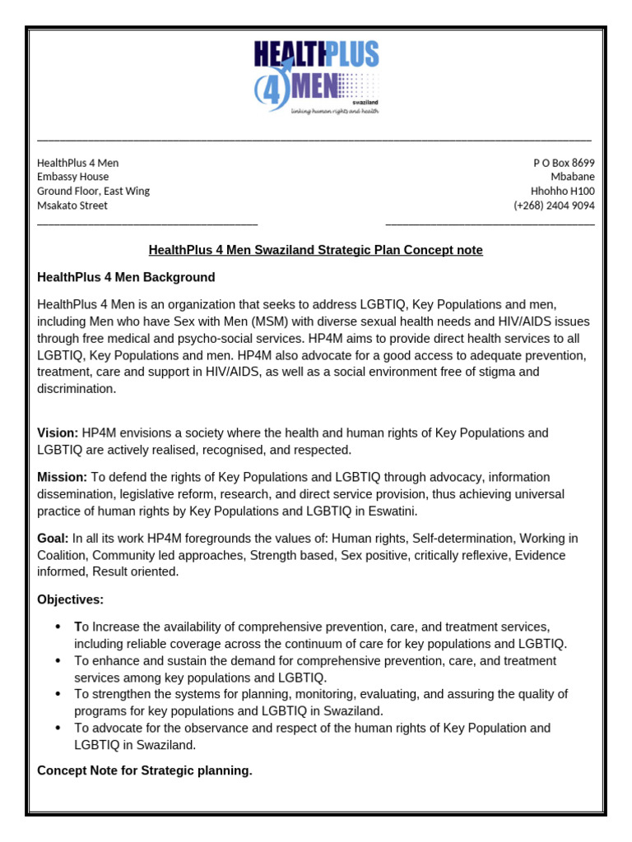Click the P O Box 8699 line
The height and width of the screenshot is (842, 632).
click(x=564, y=163)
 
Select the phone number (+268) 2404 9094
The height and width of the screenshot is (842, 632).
click(x=554, y=206)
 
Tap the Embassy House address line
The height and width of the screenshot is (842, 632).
click(x=72, y=177)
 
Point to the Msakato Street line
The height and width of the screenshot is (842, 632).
click(x=72, y=206)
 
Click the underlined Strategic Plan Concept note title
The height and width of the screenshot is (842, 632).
click(x=315, y=250)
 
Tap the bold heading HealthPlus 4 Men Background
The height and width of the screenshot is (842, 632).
click(x=126, y=277)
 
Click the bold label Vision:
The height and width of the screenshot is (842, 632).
click(x=58, y=433)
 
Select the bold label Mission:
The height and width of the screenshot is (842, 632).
click(x=62, y=477)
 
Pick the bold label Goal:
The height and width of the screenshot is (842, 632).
click(x=53, y=539)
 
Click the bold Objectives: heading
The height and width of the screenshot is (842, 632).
click(x=70, y=599)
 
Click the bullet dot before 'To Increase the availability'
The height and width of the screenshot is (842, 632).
click(x=58, y=627)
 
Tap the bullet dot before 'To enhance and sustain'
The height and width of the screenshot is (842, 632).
click(x=58, y=661)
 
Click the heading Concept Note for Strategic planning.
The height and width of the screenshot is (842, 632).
click(x=145, y=770)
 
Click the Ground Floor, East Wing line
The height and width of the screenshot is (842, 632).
click(x=93, y=191)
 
